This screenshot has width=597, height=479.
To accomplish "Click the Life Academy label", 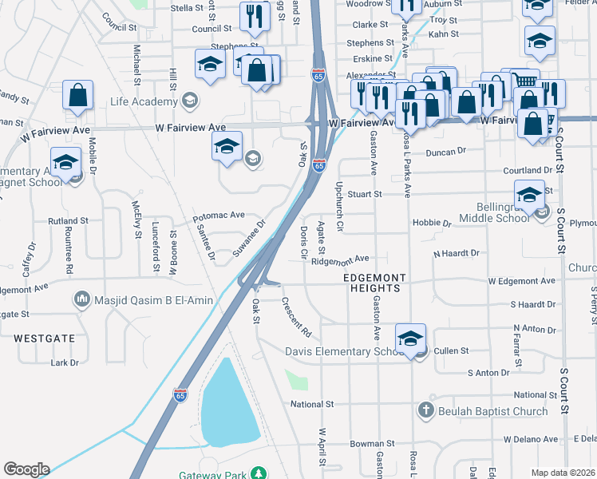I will (144, 102).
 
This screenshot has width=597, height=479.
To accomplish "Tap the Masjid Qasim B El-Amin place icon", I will (81, 299).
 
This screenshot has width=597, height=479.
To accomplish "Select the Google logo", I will (26, 469).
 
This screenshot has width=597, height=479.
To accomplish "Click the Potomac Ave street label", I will (218, 216).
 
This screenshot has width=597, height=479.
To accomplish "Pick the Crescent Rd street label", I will (295, 317).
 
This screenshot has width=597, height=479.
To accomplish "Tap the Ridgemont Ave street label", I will (340, 259).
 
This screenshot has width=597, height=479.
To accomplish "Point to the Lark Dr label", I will (65, 362).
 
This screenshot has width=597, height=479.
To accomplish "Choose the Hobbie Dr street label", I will (432, 223).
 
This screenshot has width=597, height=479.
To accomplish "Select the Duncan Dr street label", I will (445, 152).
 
